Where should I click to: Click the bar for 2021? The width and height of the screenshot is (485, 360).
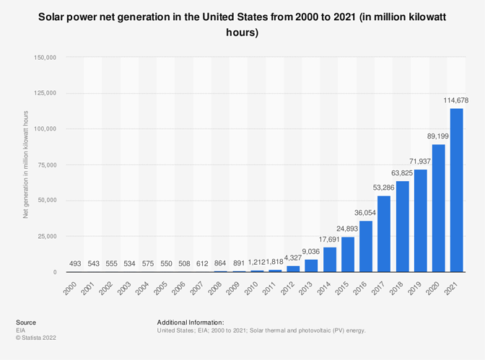456,190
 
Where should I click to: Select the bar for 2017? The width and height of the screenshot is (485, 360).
384,234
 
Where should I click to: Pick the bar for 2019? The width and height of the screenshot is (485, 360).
420,221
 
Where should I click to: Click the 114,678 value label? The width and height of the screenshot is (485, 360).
455,100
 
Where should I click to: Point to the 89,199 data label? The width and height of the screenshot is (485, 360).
438,137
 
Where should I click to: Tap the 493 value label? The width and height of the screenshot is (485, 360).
74,263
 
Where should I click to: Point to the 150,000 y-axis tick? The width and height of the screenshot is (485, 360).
45,57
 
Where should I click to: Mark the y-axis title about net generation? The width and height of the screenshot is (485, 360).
26,164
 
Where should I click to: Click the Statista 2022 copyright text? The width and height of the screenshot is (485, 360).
36,337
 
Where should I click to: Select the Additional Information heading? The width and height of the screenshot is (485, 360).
190,322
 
